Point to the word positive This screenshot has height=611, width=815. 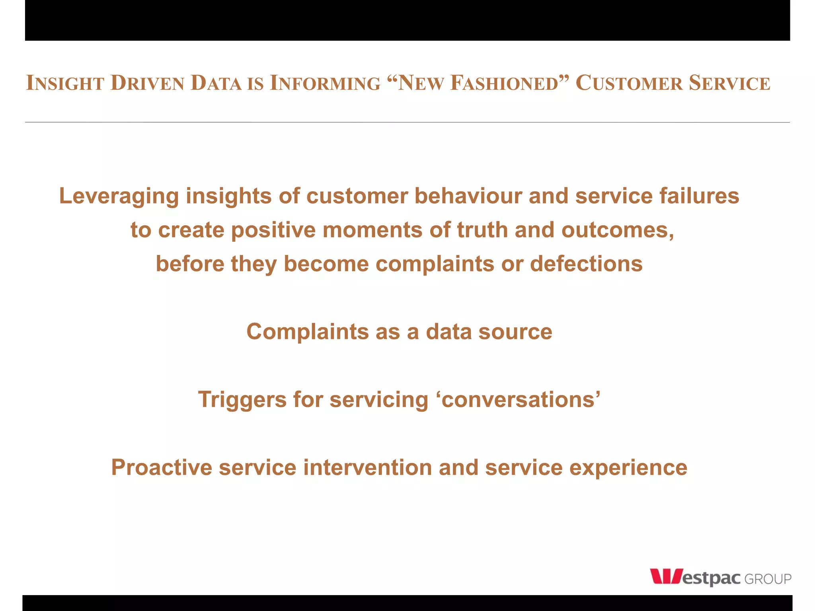click(273, 230)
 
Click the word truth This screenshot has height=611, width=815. click(482, 230)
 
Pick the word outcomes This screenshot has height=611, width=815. click(618, 231)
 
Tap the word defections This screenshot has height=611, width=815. click(586, 264)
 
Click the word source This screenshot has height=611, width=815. click(515, 332)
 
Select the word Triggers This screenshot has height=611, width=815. click(242, 400)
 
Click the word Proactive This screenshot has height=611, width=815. click(162, 467)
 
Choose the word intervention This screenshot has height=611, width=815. click(367, 467)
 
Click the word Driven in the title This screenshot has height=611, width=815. click(147, 83)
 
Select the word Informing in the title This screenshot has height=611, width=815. click(325, 83)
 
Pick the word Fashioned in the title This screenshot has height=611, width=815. click(505, 83)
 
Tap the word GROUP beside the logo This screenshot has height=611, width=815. click(768, 579)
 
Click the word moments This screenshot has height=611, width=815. click(372, 230)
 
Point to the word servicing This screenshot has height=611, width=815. click(379, 400)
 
